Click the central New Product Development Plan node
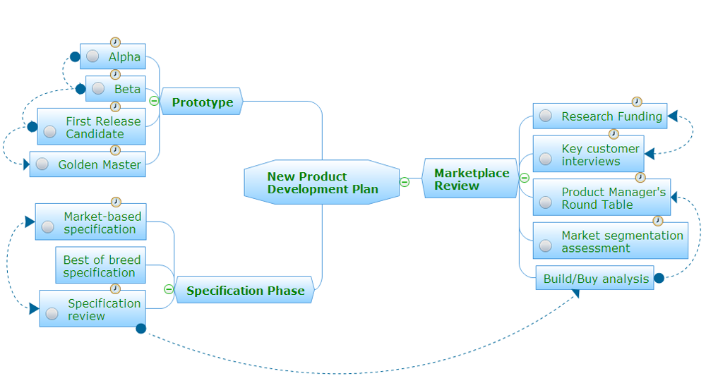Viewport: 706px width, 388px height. (322, 183)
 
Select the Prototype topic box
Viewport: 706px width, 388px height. (202, 102)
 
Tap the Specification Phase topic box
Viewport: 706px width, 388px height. (245, 290)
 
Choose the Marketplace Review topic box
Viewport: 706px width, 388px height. (471, 179)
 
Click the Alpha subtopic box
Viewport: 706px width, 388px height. (113, 56)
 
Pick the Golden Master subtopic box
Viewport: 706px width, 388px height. (88, 164)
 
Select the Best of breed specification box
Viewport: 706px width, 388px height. (101, 266)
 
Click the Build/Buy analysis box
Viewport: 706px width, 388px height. (595, 279)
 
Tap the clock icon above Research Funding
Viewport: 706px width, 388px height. (637, 102)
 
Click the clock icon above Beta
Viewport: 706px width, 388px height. (116, 74)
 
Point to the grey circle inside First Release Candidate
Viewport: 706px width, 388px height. (49, 131)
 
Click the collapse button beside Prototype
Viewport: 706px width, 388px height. (154, 101)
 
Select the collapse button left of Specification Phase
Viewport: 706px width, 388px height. (168, 289)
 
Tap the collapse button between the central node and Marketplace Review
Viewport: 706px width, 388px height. (405, 182)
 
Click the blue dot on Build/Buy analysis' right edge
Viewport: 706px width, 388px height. (659, 278)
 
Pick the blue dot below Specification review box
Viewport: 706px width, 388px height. (140, 328)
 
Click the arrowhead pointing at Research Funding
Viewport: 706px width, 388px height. (672, 116)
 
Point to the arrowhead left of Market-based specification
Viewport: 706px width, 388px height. (30, 222)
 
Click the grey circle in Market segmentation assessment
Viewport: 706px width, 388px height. (545, 245)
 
